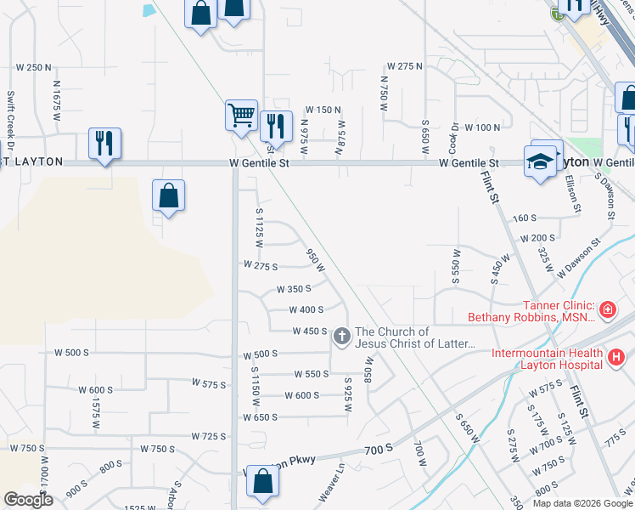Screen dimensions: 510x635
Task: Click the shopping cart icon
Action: click(x=241, y=115)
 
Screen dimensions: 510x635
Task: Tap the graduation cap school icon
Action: click(x=540, y=161)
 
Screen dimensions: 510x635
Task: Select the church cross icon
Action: click(x=341, y=337)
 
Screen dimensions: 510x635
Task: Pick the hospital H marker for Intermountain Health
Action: click(x=616, y=359)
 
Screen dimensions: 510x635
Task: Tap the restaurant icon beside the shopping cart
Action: click(x=276, y=126)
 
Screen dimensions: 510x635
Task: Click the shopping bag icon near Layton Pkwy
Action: click(x=263, y=481)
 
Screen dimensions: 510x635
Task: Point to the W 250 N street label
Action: click(x=34, y=67)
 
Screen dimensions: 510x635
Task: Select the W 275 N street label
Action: click(x=404, y=66)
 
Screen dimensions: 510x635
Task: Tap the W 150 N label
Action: click(x=323, y=110)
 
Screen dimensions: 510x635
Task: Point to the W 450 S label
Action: click(x=310, y=331)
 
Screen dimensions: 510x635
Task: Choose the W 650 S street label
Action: click(x=260, y=417)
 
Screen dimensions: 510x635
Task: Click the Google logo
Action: click(x=28, y=500)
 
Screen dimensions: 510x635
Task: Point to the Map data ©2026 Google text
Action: click(x=582, y=503)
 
